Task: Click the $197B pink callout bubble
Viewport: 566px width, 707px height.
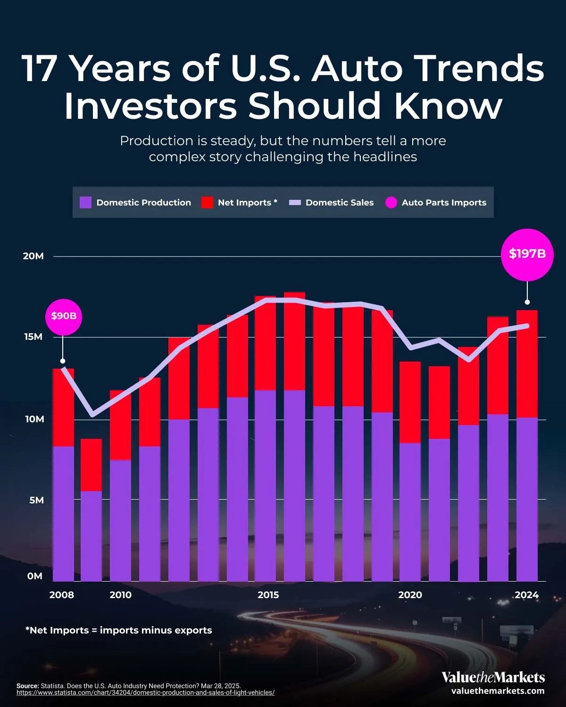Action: pos(527,255)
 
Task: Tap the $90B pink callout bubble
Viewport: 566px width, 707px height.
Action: pos(64,316)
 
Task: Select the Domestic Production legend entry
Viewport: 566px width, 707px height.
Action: pos(136,203)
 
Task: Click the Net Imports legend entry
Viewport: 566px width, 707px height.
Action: pos(239,203)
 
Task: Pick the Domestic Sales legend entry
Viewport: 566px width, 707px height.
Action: pos(331,203)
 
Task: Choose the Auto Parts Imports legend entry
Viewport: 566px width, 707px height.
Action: pos(436,203)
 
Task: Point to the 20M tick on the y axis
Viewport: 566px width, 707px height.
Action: pos(33,256)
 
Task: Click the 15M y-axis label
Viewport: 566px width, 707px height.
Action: pos(33,337)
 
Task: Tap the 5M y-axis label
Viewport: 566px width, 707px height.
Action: pos(36,500)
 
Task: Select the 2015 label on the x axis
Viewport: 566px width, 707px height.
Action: pos(268,595)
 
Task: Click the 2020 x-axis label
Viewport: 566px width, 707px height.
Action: pos(410,595)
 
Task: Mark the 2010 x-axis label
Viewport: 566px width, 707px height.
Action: pos(121,595)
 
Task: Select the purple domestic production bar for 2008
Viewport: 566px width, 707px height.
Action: pos(63,514)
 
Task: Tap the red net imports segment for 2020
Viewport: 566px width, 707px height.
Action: pos(410,402)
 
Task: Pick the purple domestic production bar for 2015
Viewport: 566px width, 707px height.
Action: pos(265,485)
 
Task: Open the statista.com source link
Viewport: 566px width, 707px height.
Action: pos(145,693)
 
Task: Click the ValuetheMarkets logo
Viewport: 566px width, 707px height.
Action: pos(493,678)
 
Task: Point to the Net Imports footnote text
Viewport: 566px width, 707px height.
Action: pos(118,630)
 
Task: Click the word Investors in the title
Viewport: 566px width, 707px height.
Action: pos(150,106)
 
